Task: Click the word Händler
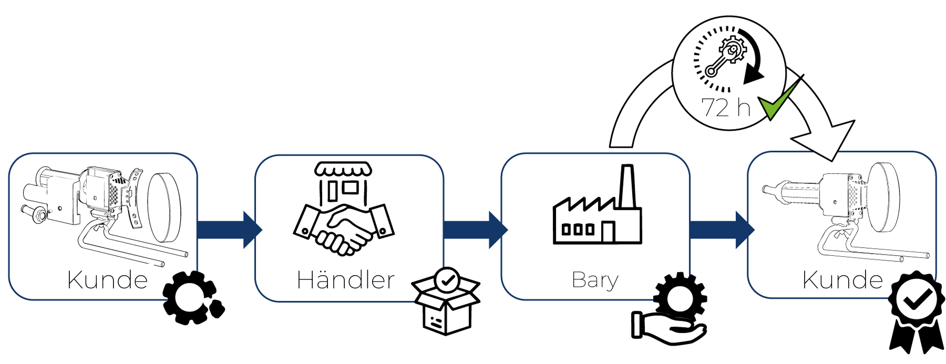346,279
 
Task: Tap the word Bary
595,280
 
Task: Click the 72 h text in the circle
726,108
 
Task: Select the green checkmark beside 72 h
779,99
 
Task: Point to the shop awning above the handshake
343,169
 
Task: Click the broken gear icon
193,297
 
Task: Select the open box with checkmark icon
446,301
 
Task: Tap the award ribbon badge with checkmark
916,312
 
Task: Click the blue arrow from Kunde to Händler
229,230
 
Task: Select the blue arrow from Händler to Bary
476,230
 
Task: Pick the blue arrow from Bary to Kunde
722,230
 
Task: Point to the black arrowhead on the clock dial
753,74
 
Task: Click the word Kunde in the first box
108,279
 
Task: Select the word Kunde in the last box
842,279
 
